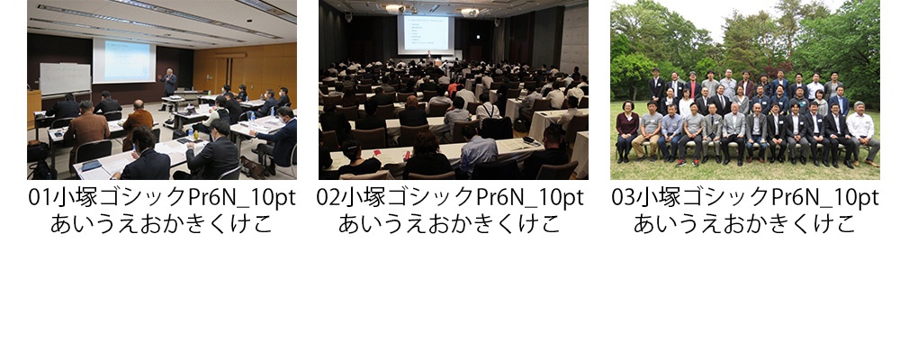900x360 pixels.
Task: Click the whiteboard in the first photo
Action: tap(65, 78)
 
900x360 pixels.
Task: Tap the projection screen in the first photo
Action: tap(124, 61)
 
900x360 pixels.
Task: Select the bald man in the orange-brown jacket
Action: tap(137, 123)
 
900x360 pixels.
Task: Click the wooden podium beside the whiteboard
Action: tap(34, 108)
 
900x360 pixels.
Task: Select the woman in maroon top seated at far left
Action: tap(626, 131)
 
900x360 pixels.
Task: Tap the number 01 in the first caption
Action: tap(40, 198)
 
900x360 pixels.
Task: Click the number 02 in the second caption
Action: tap(328, 198)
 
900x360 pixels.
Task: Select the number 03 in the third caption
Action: tap(623, 198)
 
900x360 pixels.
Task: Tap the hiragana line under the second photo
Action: tap(449, 224)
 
